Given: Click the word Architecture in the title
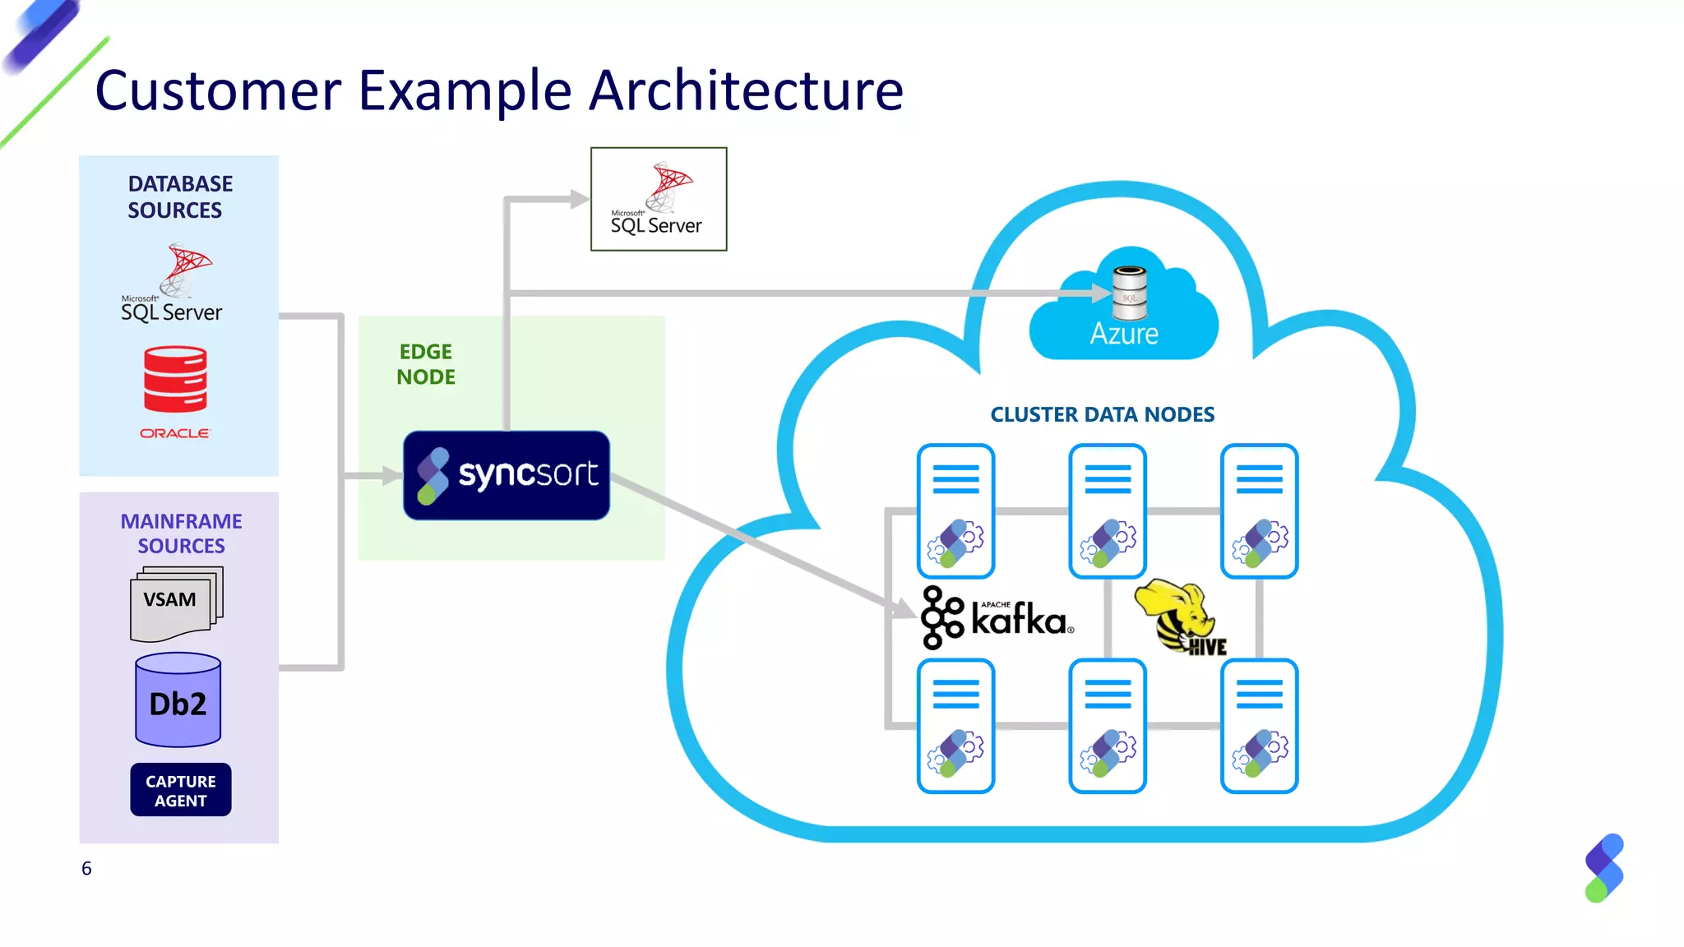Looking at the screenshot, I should [746, 90].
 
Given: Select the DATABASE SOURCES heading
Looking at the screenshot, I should [179, 197].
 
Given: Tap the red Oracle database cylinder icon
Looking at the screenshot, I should [175, 379].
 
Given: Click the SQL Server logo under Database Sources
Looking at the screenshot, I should [173, 284].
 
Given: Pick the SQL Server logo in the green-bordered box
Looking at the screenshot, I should [658, 200].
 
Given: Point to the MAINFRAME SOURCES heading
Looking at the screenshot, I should [181, 534].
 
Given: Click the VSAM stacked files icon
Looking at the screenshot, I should [175, 603].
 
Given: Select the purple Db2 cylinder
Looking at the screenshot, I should [178, 700].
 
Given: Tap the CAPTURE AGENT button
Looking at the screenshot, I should [180, 790].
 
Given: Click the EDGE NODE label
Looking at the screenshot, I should [425, 364].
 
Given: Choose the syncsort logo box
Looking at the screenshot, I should [507, 475].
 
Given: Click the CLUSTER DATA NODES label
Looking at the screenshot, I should [1102, 414].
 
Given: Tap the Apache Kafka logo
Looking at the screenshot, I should [996, 618].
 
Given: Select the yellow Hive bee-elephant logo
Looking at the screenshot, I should [1180, 617].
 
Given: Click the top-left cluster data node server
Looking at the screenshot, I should [955, 510].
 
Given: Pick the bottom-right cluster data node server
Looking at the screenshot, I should [1259, 726].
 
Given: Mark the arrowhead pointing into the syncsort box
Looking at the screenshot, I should [391, 475].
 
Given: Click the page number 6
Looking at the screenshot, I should [86, 869].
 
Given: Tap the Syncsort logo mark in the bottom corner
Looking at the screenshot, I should [1603, 868].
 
